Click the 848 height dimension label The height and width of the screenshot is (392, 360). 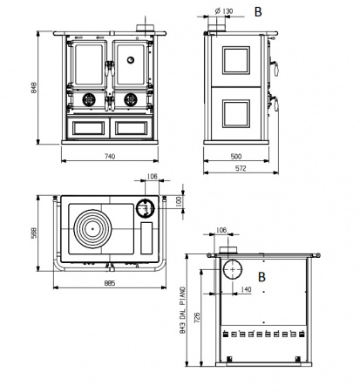34,88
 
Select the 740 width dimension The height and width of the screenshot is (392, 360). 110,156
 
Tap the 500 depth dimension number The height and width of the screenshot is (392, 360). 236,156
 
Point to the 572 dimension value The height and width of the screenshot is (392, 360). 241,168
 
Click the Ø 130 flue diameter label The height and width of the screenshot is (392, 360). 224,11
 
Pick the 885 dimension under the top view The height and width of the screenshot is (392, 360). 110,283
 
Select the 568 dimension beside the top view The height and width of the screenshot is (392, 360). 34,233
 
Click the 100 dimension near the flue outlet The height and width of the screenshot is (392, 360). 179,201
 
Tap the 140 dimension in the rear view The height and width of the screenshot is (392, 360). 246,289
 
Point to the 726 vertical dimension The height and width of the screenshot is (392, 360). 197,318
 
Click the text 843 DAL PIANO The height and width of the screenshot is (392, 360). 182,310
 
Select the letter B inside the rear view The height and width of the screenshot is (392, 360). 262,277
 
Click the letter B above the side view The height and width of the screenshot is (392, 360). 258,12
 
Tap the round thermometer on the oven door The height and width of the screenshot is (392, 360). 131,60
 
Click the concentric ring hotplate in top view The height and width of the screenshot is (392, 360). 92,229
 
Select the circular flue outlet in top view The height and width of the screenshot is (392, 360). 146,208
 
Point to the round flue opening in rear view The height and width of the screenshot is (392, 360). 233,269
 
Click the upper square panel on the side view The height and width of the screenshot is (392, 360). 236,60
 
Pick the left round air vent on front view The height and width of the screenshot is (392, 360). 89,99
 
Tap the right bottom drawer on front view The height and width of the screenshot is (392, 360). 132,128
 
